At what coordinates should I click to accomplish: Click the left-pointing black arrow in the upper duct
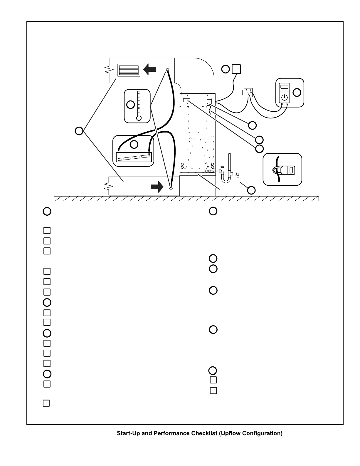(x=149, y=69)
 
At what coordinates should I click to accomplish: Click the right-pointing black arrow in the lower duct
(x=157, y=187)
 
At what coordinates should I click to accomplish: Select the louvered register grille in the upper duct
(x=129, y=70)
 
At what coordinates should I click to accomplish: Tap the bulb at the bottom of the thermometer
(x=139, y=118)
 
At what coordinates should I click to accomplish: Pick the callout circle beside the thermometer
(x=130, y=105)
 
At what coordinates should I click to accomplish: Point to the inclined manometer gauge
(x=134, y=157)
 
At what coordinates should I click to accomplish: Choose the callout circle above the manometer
(x=134, y=144)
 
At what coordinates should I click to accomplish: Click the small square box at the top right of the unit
(x=236, y=69)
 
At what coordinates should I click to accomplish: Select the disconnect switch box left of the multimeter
(x=248, y=93)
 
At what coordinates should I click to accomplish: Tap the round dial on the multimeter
(x=284, y=98)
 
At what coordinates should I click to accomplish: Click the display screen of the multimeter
(x=284, y=87)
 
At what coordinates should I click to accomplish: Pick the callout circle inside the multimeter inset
(x=297, y=93)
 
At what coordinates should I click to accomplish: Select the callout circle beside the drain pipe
(x=251, y=190)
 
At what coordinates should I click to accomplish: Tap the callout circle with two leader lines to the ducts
(x=79, y=131)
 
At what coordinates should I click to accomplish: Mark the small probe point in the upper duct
(x=168, y=70)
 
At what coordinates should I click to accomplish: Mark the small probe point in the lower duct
(x=171, y=189)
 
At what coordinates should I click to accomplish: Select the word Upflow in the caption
(x=231, y=433)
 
